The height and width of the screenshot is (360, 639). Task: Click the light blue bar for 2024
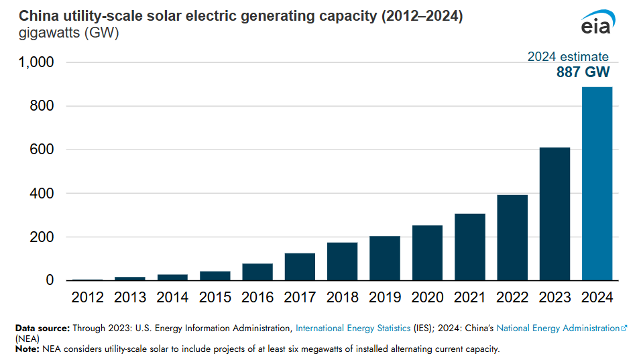[x=597, y=184]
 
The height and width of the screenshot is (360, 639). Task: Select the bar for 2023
[x=555, y=214]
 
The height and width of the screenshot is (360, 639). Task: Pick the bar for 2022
[x=512, y=237]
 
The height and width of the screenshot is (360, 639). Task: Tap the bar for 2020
[x=427, y=253]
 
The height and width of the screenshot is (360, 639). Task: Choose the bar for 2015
[x=215, y=276]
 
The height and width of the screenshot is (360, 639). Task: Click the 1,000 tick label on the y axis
[x=34, y=62]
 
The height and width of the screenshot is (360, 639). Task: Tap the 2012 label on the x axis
[x=87, y=297]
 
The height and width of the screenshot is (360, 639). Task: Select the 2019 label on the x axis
[x=385, y=297]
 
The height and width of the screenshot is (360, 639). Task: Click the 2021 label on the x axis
[x=469, y=297]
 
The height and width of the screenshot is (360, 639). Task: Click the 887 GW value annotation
[x=583, y=73]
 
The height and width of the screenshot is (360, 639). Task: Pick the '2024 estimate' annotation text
[x=568, y=57]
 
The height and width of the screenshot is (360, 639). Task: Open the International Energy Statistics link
[x=353, y=328]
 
